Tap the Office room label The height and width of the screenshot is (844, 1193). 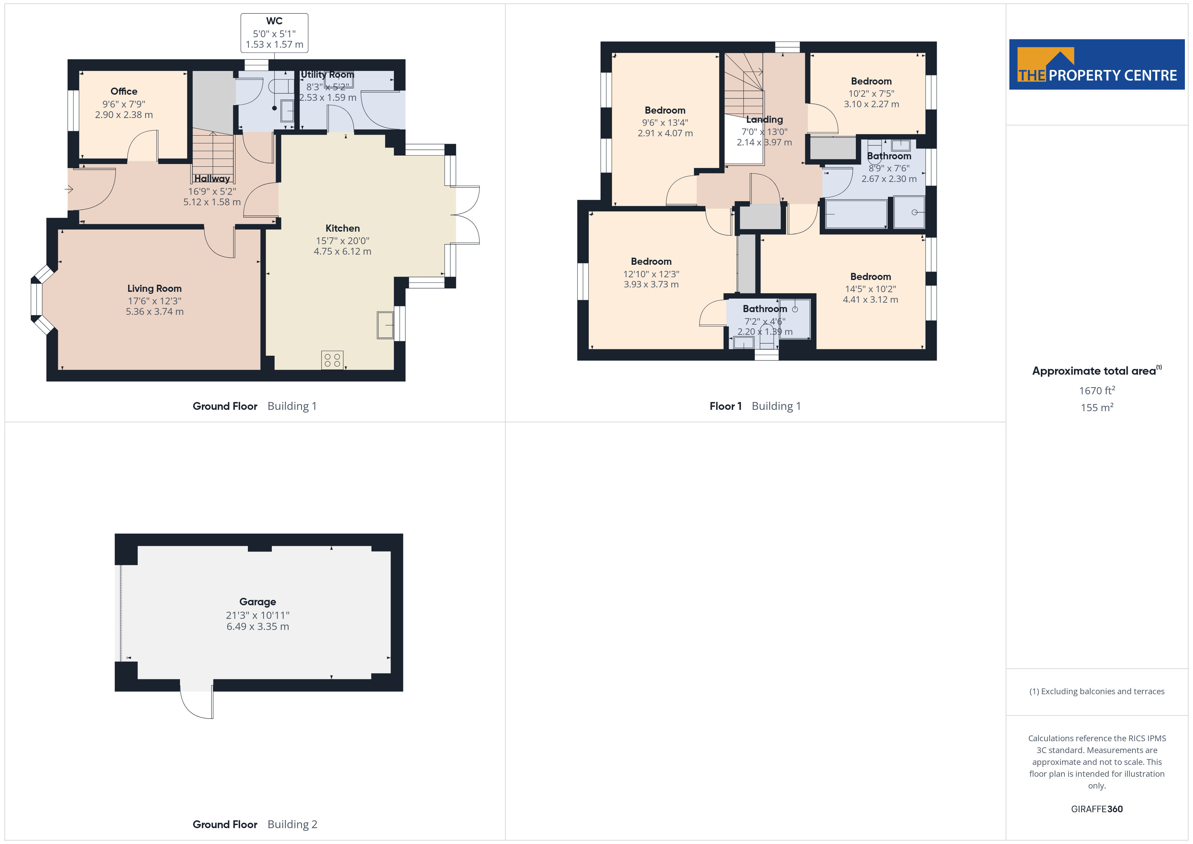pyautogui.click(x=124, y=92)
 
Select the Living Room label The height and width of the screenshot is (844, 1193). pyautogui.click(x=154, y=288)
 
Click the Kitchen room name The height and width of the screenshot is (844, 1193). pyautogui.click(x=343, y=228)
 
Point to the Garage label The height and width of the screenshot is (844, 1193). pyautogui.click(x=258, y=602)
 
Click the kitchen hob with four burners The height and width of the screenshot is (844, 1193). pyautogui.click(x=332, y=360)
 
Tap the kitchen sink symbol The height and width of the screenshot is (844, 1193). pyautogui.click(x=385, y=325)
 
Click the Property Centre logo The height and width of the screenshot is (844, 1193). pyautogui.click(x=1097, y=65)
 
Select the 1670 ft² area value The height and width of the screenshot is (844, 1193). pyautogui.click(x=1097, y=390)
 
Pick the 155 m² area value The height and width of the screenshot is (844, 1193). pyautogui.click(x=1097, y=407)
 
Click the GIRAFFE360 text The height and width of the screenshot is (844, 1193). pyautogui.click(x=1097, y=809)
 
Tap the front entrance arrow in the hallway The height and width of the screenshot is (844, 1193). pyautogui.click(x=69, y=189)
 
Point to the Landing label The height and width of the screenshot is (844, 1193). pyautogui.click(x=764, y=119)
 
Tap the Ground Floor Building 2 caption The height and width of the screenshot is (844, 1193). pyautogui.click(x=255, y=824)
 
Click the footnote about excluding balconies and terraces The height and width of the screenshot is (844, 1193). pyautogui.click(x=1097, y=691)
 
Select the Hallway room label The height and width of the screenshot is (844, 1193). pyautogui.click(x=212, y=179)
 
